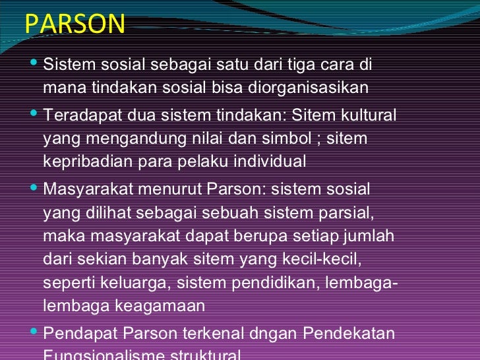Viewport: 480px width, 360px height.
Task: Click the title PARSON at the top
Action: click(x=75, y=24)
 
